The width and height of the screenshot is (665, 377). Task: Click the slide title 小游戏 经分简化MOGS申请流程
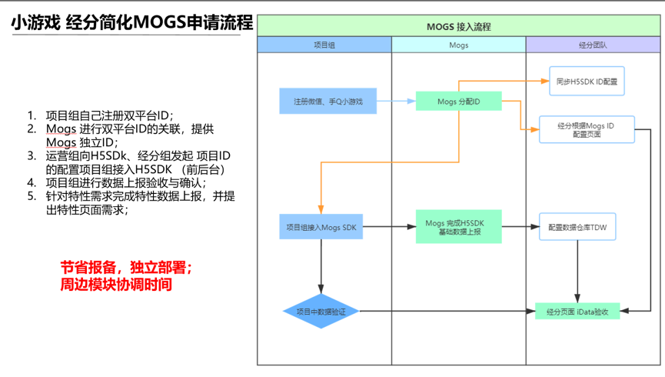click(131, 23)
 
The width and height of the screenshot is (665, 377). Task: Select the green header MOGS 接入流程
click(459, 26)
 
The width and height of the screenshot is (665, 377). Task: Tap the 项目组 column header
click(324, 45)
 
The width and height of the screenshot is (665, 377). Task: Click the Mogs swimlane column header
click(458, 45)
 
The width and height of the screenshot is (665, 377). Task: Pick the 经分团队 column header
click(593, 45)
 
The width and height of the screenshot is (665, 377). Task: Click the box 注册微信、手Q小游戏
click(328, 101)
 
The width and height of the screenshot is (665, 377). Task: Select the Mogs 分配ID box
click(458, 101)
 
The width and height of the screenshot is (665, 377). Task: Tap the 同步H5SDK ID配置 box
click(587, 81)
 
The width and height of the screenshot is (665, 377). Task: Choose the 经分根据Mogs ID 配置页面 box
click(587, 129)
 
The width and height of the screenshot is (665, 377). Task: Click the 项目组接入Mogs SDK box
click(321, 227)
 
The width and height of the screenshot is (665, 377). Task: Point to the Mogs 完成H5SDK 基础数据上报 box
click(458, 227)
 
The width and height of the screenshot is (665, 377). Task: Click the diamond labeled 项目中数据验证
click(321, 311)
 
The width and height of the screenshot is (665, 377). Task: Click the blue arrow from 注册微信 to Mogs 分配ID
click(396, 101)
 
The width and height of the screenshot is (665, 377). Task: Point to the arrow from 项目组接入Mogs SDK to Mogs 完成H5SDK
click(389, 227)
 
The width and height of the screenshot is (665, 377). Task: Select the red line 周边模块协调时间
click(116, 285)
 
